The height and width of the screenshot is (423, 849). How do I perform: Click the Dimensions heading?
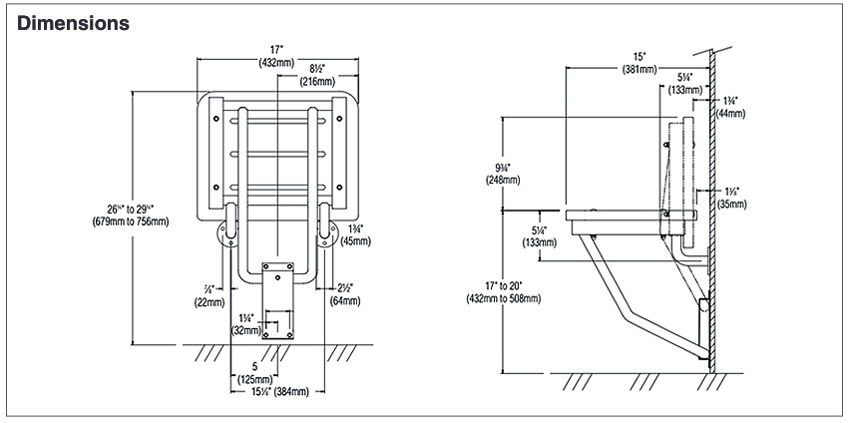pyautogui.click(x=73, y=22)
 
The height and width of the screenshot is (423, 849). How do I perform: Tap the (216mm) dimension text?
pyautogui.click(x=315, y=80)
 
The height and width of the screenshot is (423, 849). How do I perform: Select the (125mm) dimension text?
pyautogui.click(x=256, y=378)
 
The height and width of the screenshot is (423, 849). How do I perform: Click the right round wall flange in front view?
pyautogui.click(x=326, y=236)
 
